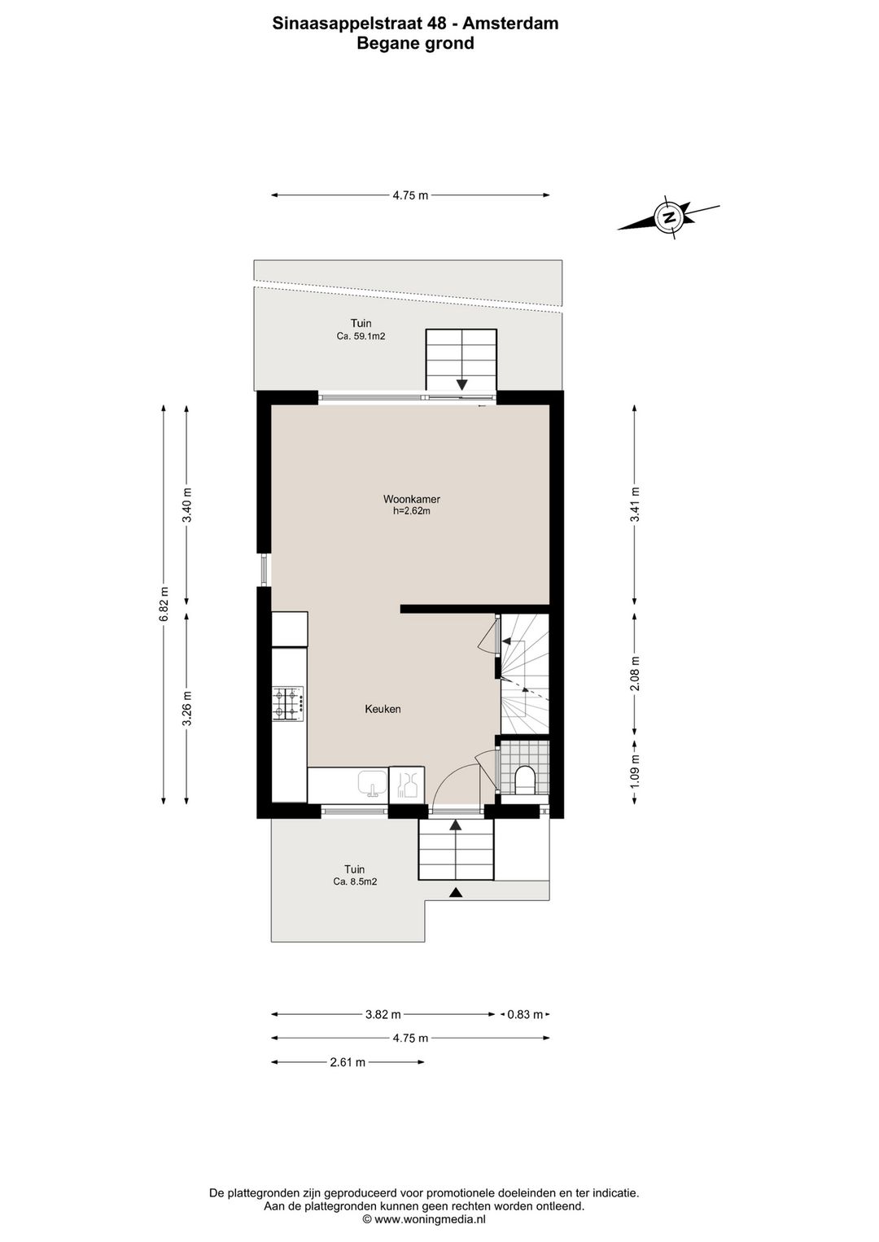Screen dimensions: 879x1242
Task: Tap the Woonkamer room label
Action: tap(412, 499)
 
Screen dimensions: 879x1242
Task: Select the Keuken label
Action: tap(383, 709)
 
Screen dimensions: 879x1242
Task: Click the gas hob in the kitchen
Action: tap(288, 704)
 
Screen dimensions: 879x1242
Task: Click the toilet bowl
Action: tap(524, 781)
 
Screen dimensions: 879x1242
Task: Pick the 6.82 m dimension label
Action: tap(164, 605)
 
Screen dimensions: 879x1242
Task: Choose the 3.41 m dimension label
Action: tap(635, 504)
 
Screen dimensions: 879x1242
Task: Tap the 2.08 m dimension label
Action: tap(635, 673)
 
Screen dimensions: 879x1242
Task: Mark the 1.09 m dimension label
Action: tap(635, 771)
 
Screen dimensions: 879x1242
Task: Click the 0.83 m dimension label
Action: tap(525, 1015)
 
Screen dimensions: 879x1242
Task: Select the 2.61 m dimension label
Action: tap(348, 1062)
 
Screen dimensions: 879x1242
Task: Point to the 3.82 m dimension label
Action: tap(383, 1015)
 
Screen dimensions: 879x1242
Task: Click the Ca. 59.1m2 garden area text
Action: tap(361, 336)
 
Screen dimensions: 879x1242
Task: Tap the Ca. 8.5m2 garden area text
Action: tap(355, 881)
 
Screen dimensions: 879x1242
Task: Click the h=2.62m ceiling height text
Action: tap(412, 511)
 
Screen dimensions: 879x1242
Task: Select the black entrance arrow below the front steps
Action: tap(456, 892)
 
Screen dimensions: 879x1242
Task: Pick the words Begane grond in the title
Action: tap(415, 43)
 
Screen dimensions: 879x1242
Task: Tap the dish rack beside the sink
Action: tap(407, 783)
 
